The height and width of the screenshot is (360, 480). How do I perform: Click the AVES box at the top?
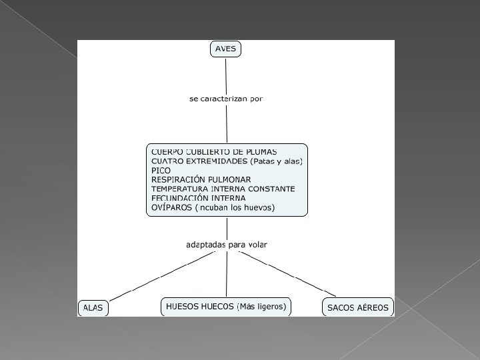[x=225, y=49]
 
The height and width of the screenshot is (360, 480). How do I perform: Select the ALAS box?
[x=94, y=307]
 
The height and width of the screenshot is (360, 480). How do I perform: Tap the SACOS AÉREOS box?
[x=358, y=307]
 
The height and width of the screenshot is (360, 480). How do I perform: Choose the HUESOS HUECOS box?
[x=226, y=307]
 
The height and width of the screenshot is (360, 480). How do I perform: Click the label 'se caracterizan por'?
[x=226, y=99]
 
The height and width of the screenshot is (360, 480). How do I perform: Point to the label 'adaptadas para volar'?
[x=226, y=245]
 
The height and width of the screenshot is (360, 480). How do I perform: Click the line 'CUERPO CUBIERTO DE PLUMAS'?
[x=214, y=152]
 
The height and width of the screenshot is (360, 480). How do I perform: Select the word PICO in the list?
[x=161, y=171]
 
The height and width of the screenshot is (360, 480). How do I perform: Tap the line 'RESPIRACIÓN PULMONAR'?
[x=201, y=180]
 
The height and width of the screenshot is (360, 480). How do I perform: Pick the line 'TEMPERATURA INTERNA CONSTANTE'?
[x=223, y=189]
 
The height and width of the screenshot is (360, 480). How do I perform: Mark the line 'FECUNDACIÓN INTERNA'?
[x=198, y=198]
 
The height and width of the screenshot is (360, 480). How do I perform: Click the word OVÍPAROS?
[x=171, y=207]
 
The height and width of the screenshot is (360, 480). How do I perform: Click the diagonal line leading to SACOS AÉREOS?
[x=293, y=275]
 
